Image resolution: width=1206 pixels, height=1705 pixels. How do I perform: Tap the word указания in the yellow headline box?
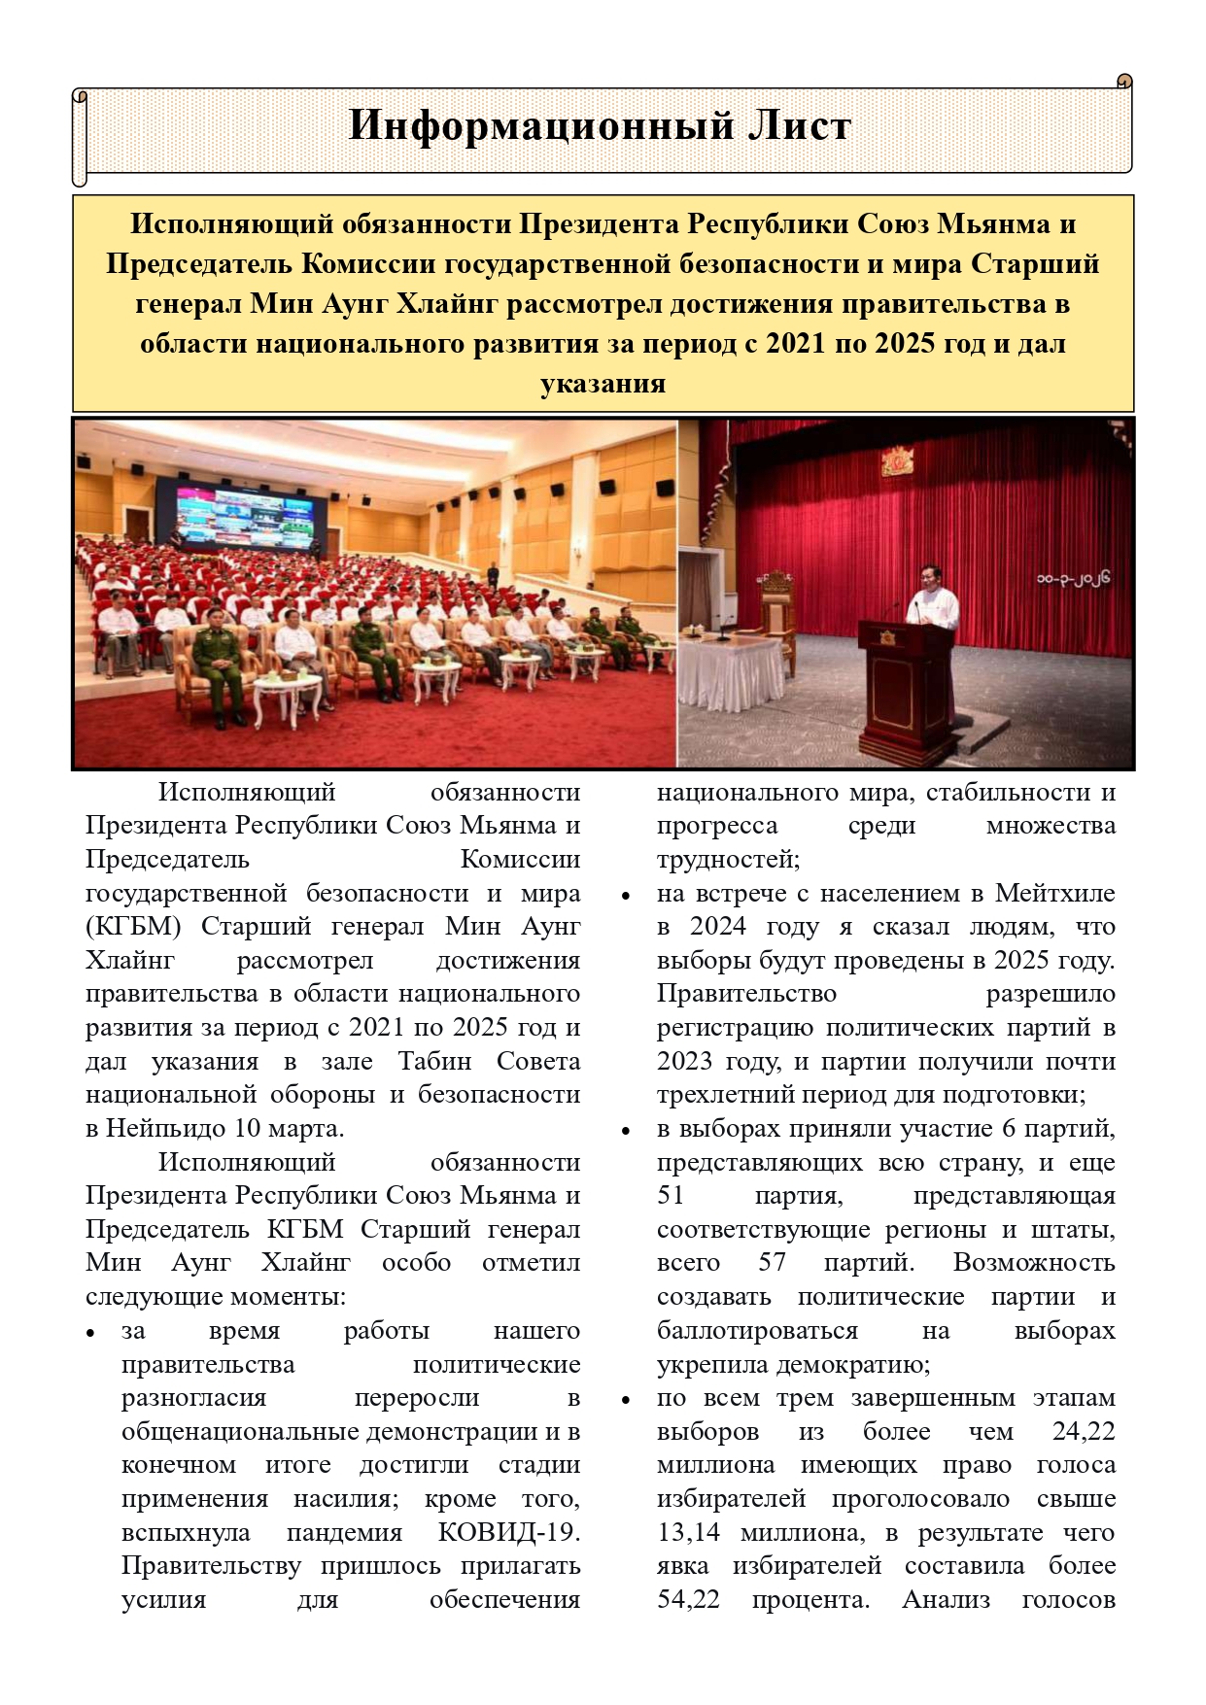coord(603,383)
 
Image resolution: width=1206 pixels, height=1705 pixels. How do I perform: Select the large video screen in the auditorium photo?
coord(251,510)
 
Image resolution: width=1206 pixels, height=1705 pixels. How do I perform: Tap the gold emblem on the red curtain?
coord(897,460)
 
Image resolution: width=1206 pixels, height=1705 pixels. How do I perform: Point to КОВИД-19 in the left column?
coord(508,1532)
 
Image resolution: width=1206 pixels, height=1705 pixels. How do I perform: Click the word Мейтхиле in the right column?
coord(1054,893)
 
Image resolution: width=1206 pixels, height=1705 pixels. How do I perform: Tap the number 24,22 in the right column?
coord(1083,1431)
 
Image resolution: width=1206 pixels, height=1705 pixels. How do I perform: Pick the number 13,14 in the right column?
coord(688,1532)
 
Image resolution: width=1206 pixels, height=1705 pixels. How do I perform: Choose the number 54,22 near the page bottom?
coord(688,1599)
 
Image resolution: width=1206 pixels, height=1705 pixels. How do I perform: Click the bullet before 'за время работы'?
coord(90,1333)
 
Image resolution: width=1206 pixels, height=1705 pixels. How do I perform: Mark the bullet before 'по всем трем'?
coord(627,1400)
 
